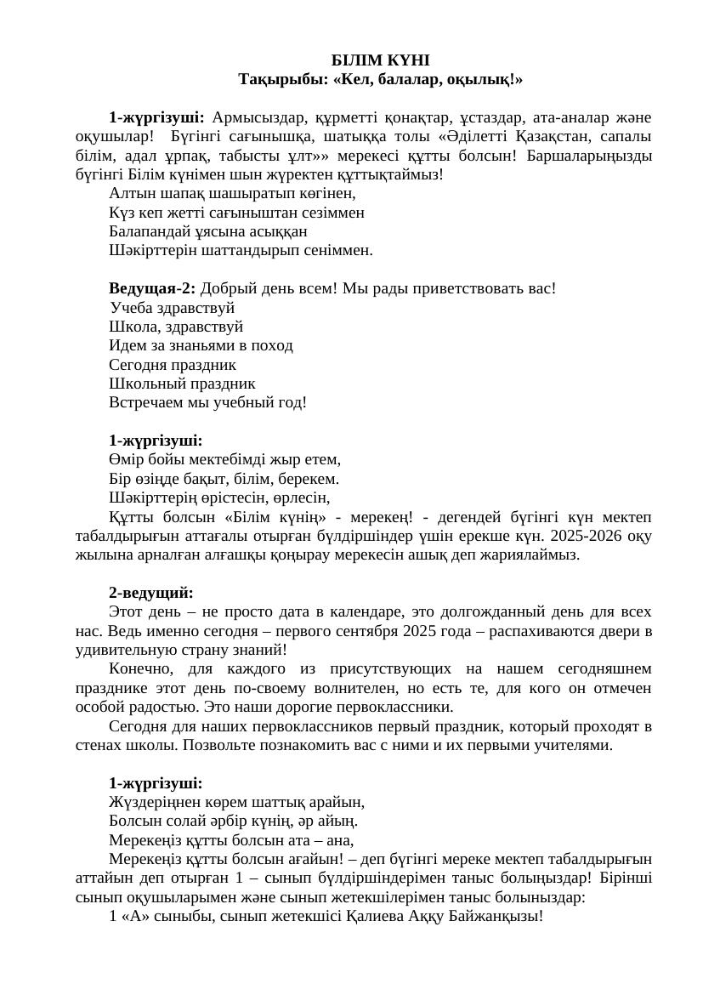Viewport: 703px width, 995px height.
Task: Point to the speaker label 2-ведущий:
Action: (151, 593)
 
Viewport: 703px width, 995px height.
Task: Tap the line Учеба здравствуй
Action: (173, 308)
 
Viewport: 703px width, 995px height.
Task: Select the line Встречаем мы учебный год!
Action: (207, 402)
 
